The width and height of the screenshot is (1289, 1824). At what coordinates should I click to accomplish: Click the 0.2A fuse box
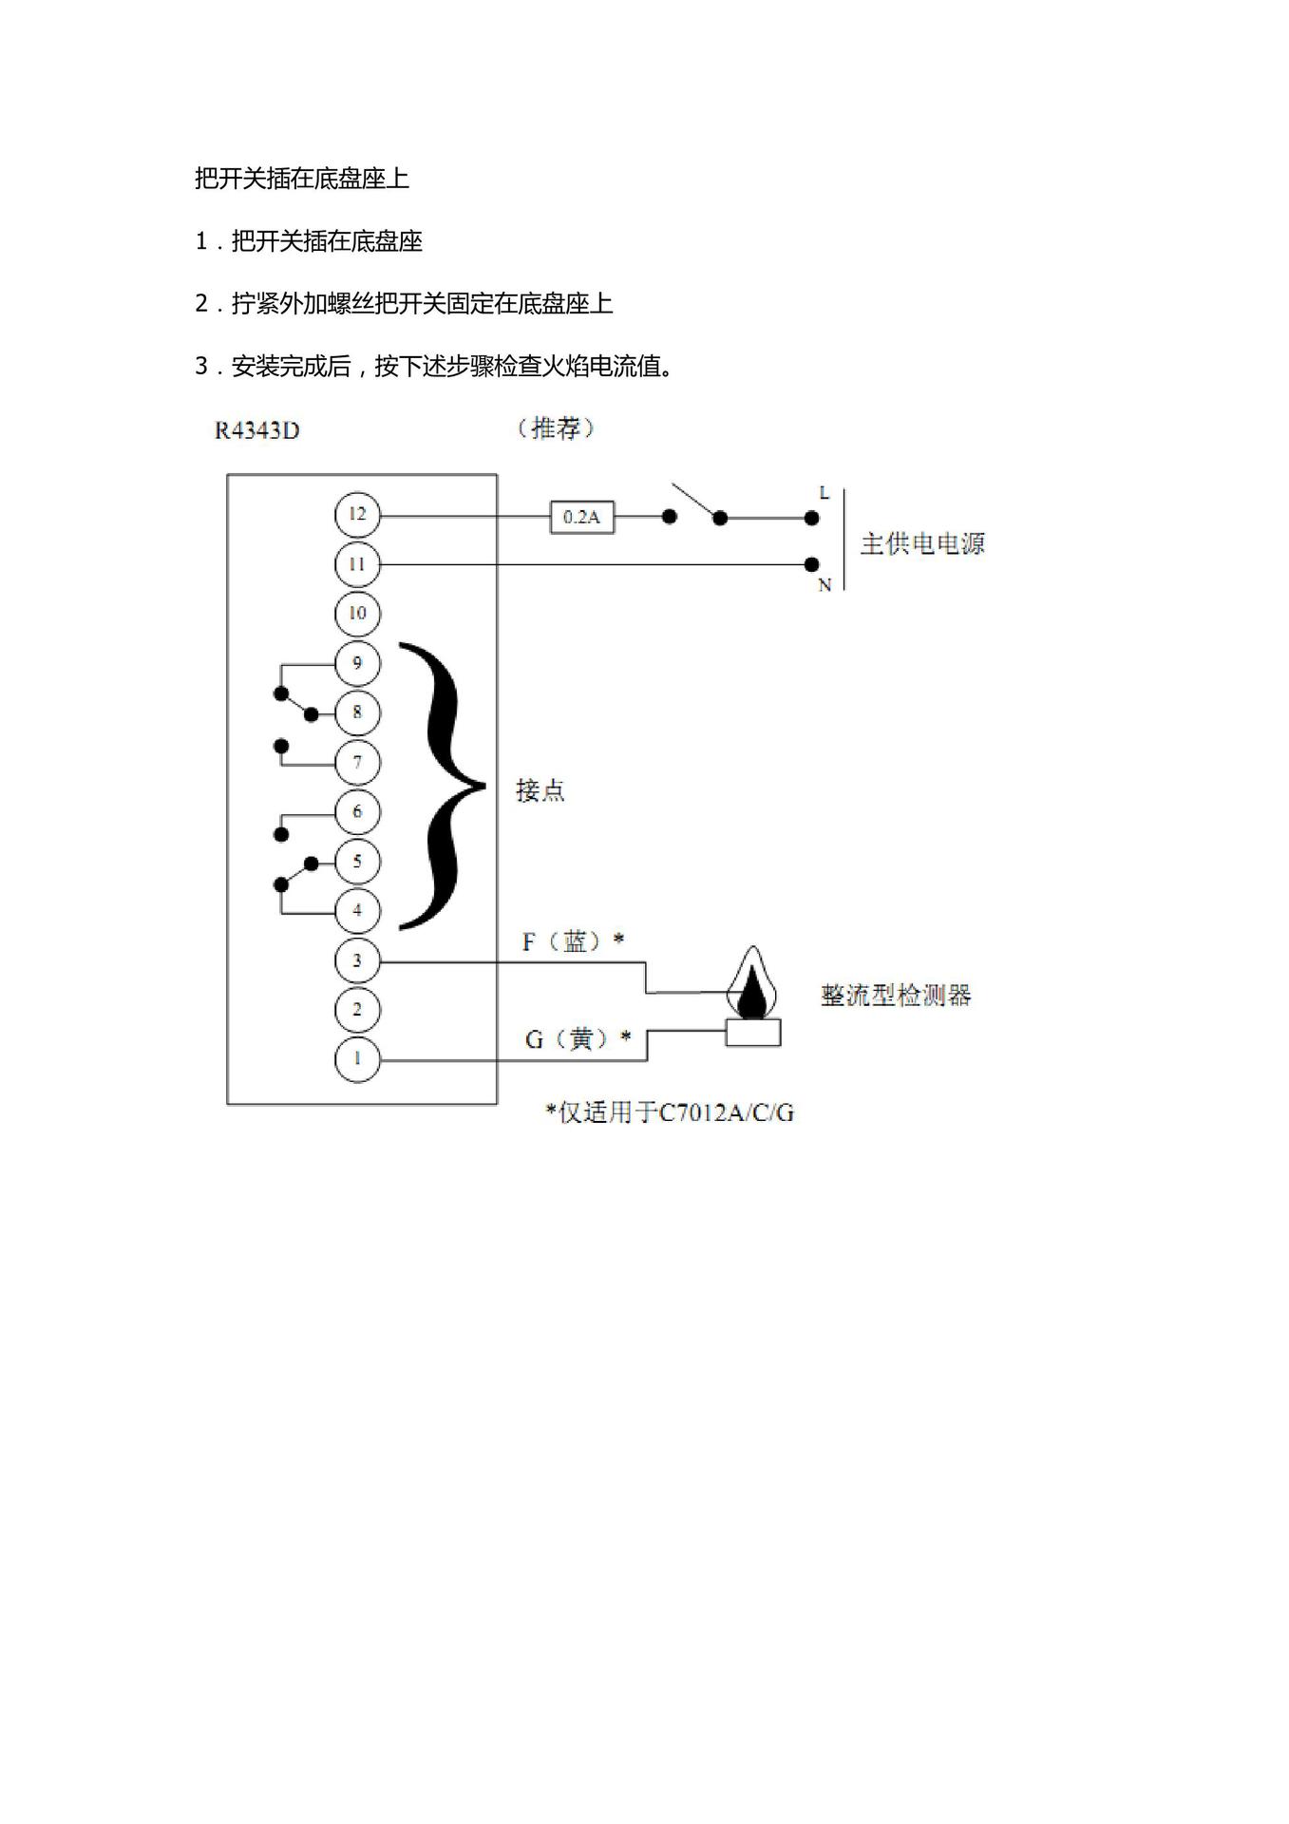point(581,518)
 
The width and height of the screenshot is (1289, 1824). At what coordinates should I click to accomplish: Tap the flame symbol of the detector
point(752,982)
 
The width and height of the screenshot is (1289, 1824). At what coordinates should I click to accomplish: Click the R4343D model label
point(256,431)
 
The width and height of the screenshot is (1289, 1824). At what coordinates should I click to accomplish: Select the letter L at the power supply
point(825,493)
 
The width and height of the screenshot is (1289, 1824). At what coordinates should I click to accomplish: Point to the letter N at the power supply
point(825,586)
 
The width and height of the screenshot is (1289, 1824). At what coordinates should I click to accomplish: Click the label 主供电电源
point(922,544)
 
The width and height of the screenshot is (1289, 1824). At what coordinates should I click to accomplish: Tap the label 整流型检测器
point(896,996)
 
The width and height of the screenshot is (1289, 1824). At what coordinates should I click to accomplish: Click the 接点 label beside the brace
point(540,790)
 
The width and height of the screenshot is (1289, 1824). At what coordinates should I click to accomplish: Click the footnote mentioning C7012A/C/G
point(670,1112)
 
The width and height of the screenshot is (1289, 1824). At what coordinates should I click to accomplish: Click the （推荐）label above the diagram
point(557,429)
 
